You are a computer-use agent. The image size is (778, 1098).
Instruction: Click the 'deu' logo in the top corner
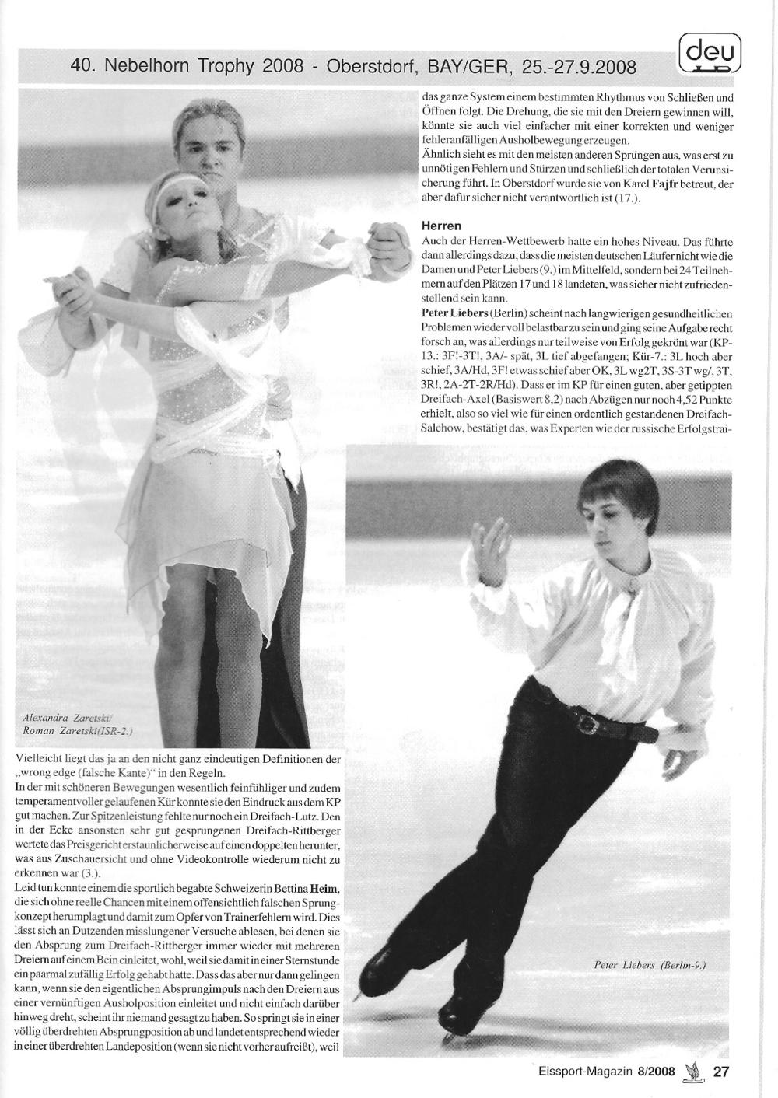(x=710, y=55)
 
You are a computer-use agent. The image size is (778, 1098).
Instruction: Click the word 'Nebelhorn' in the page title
(x=143, y=67)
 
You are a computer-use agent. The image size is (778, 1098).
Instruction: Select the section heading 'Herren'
(x=441, y=226)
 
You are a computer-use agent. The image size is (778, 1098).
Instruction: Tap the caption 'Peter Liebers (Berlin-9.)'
(x=649, y=965)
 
